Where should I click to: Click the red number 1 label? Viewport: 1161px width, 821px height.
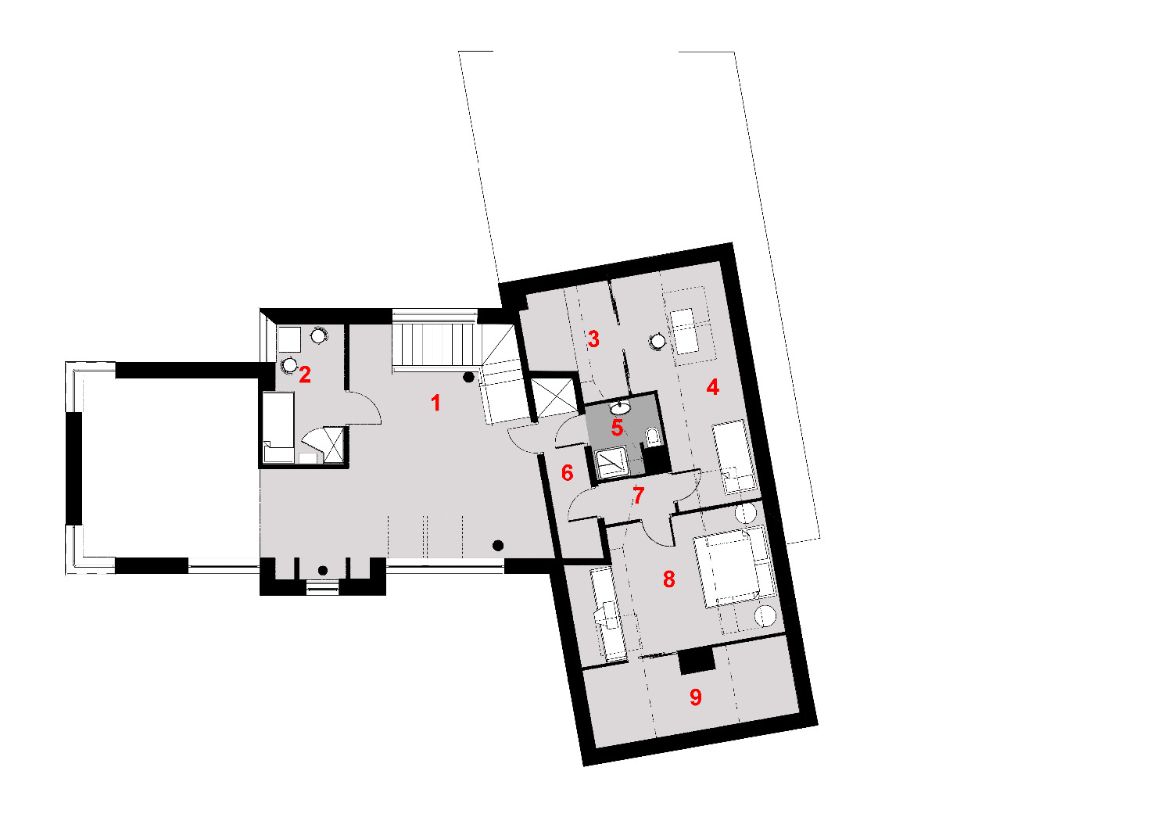[436, 403]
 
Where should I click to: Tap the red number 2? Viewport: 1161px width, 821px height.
[305, 375]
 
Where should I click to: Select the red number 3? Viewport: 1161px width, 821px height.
[593, 339]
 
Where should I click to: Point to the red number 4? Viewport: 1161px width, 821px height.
[713, 387]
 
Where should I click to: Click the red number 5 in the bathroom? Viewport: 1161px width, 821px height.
[617, 428]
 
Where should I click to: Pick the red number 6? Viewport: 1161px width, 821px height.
[568, 473]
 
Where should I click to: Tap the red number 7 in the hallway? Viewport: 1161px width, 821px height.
[639, 496]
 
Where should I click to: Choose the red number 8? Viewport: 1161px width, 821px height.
[669, 579]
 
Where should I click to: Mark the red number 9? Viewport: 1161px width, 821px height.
[696, 697]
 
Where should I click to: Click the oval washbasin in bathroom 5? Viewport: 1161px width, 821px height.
[620, 408]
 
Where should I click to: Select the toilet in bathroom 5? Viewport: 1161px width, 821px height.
[653, 436]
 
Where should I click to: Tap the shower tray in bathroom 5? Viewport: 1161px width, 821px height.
[612, 464]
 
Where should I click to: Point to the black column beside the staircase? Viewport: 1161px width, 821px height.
[468, 378]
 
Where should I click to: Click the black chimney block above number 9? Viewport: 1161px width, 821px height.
[697, 661]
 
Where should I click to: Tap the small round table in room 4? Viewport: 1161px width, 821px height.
[658, 341]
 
